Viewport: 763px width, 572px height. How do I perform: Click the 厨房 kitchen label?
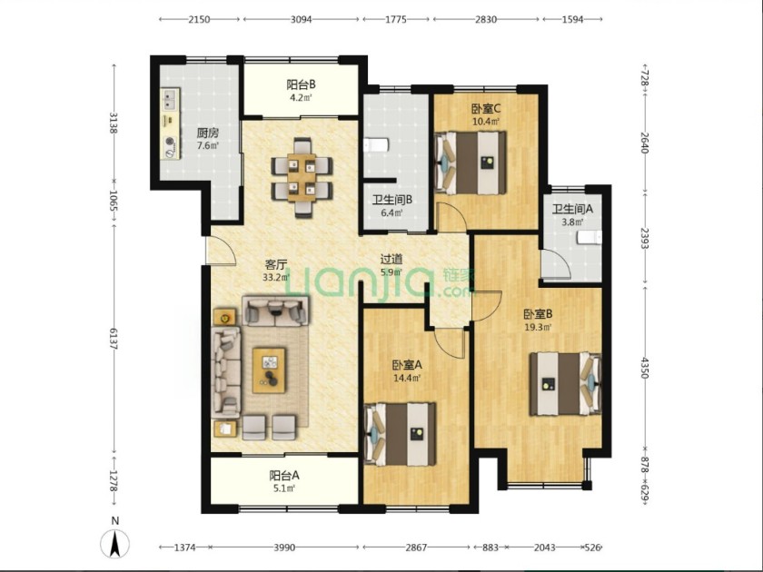[208, 133]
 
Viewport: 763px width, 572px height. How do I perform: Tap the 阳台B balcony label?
[301, 84]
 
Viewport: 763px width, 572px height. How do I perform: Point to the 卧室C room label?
[486, 108]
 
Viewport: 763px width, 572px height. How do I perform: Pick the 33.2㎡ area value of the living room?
[276, 278]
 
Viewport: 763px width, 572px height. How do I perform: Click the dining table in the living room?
[302, 178]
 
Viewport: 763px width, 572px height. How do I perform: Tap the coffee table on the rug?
[269, 370]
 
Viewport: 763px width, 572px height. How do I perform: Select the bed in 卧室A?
[401, 434]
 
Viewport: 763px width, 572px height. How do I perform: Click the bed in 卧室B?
[565, 383]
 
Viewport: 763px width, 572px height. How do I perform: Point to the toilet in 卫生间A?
[590, 238]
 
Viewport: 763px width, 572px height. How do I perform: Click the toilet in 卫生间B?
[376, 145]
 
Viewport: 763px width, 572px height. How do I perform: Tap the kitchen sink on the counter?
[170, 99]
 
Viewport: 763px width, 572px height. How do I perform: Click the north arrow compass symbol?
[114, 543]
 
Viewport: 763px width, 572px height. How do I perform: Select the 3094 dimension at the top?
[301, 19]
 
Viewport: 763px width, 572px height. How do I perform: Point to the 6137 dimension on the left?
[114, 338]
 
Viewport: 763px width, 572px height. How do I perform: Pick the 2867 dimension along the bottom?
[416, 547]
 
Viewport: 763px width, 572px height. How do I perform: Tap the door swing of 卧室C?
[451, 216]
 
